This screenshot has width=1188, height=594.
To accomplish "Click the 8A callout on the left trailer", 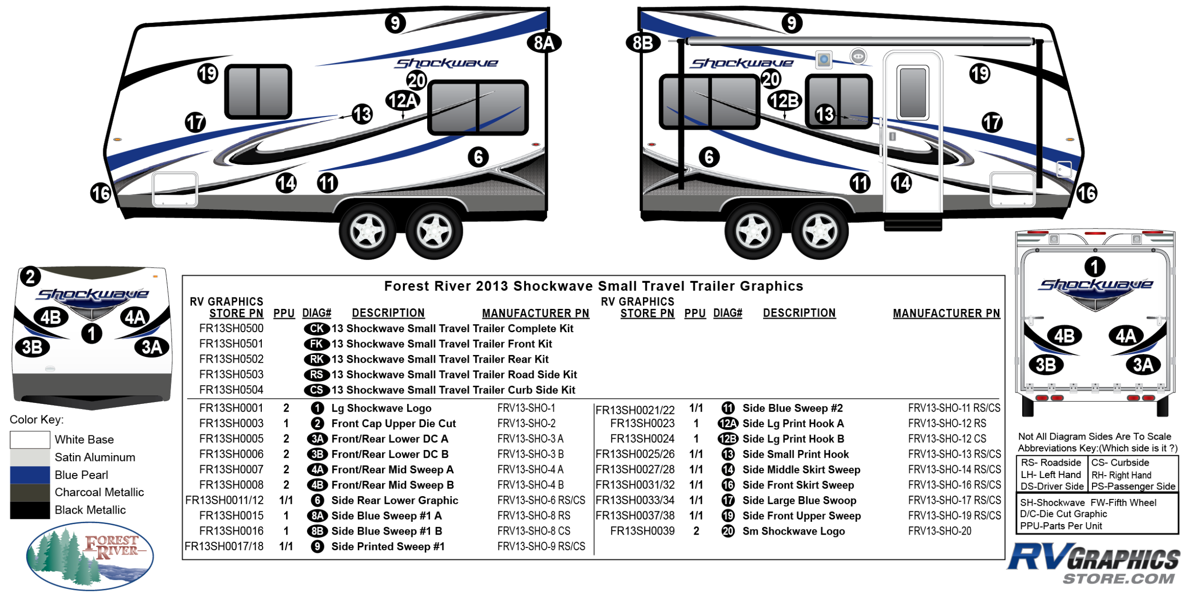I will (x=544, y=43).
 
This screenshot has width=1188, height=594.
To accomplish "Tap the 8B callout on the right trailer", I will (x=643, y=43).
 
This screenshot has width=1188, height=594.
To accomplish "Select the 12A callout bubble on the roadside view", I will (x=402, y=100).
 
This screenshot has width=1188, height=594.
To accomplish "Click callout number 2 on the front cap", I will (x=30, y=277).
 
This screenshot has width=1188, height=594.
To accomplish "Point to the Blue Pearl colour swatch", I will (x=30, y=475).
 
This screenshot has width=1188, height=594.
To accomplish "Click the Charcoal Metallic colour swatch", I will (x=30, y=492).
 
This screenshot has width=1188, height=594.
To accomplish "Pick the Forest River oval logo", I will (x=90, y=556).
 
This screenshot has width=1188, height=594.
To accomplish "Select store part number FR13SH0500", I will (x=231, y=328).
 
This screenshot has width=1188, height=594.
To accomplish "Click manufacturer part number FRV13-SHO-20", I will (x=939, y=531).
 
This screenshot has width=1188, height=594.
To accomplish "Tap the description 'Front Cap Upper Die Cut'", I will (x=393, y=423).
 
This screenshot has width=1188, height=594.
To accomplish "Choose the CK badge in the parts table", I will (x=316, y=328).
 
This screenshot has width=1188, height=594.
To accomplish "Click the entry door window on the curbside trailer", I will (x=913, y=93).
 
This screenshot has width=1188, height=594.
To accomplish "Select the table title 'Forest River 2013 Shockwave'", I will (x=594, y=286).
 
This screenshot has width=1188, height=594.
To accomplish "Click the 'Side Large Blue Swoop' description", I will (x=799, y=500).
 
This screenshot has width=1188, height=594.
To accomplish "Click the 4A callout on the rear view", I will (x=1125, y=336).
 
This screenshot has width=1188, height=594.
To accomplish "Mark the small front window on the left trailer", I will (x=258, y=92).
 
